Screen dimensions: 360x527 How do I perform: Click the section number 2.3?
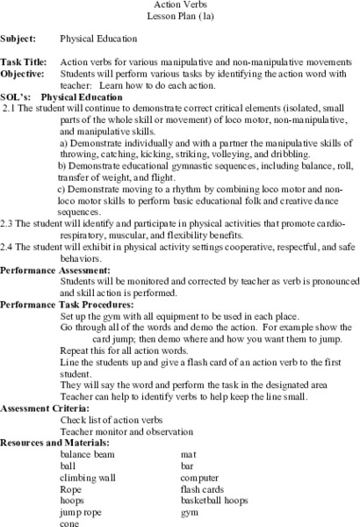[x=10, y=247]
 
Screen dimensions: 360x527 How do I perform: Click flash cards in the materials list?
[x=204, y=488]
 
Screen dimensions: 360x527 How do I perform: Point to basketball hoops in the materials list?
[x=216, y=500]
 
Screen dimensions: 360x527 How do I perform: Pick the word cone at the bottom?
[x=70, y=523]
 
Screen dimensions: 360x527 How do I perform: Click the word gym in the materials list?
[x=190, y=511]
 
